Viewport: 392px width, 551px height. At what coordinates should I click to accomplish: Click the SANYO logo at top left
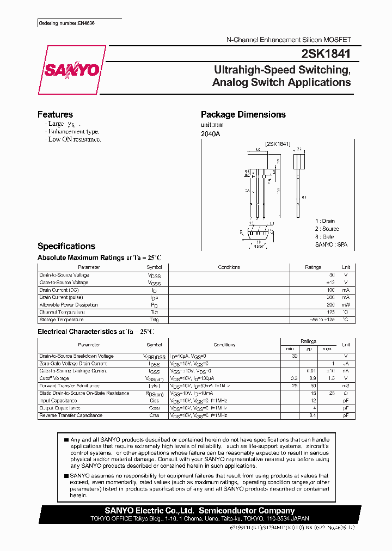click(x=72, y=70)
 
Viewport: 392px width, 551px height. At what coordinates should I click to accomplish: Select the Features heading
click(x=55, y=114)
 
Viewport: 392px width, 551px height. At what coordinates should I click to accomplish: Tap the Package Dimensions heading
click(x=243, y=114)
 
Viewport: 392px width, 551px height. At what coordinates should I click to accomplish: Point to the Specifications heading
click(x=66, y=246)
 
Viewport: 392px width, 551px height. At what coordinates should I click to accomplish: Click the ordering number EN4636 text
click(x=59, y=24)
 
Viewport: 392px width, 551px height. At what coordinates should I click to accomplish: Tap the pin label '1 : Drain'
click(x=325, y=221)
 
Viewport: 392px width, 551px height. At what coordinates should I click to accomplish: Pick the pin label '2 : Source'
click(x=327, y=229)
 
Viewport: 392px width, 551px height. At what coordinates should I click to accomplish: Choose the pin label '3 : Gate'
click(x=324, y=237)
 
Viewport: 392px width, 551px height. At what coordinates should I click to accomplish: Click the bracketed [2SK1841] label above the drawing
click(x=278, y=144)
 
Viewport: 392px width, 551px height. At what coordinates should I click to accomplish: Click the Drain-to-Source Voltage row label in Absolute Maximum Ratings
click(x=64, y=275)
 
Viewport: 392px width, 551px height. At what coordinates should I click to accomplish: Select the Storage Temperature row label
click(x=60, y=320)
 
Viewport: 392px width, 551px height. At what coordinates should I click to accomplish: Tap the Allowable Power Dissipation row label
click(x=68, y=305)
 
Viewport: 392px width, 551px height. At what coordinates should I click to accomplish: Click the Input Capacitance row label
click(x=59, y=400)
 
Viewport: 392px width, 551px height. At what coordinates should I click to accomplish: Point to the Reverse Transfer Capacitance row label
click(x=71, y=415)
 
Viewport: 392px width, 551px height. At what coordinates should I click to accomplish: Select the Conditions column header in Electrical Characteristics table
click(x=224, y=345)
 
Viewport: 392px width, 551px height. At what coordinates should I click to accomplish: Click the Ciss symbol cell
click(x=154, y=400)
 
